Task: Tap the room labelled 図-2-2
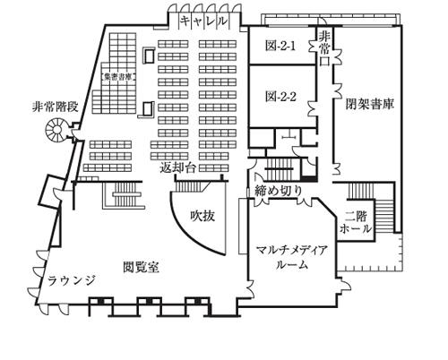[x=280, y=94]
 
